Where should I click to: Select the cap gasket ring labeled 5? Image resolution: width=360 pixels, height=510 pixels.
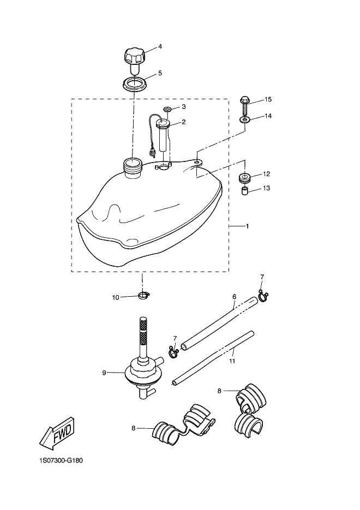tap(135, 85)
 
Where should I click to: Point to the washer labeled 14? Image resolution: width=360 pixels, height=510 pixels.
tap(245, 119)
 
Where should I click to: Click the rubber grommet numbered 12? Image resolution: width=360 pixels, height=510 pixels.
tap(245, 178)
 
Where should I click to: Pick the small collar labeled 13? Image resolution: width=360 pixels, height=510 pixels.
tap(245, 191)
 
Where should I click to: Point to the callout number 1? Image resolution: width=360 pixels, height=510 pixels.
tap(247, 226)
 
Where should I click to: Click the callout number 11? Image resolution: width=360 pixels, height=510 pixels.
tap(232, 361)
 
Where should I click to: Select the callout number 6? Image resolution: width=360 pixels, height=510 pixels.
tap(234, 297)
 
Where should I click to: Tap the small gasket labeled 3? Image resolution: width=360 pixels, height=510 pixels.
tap(167, 109)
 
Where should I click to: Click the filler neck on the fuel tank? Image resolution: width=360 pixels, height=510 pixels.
tap(133, 168)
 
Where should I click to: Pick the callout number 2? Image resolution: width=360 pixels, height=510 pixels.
tap(184, 122)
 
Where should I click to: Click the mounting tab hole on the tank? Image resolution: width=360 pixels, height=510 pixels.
tap(196, 161)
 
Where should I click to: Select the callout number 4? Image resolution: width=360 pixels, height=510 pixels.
tap(160, 46)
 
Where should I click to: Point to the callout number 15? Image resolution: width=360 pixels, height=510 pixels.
tap(268, 99)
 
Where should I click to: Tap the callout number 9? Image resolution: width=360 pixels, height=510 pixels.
tap(104, 373)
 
